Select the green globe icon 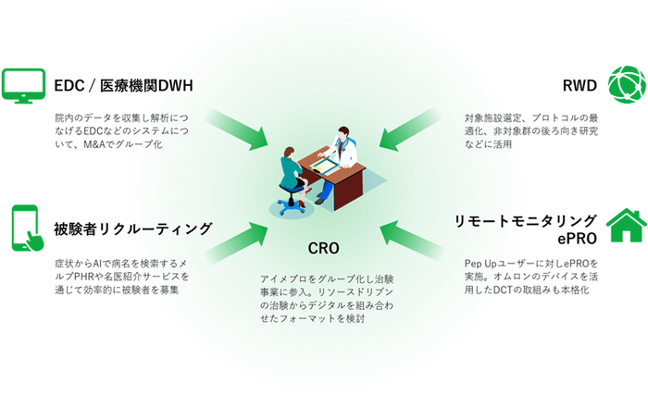point(626,85)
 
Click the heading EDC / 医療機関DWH point(123,86)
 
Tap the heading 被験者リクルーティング point(133,228)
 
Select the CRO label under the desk point(324,248)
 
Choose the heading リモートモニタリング point(525,219)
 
